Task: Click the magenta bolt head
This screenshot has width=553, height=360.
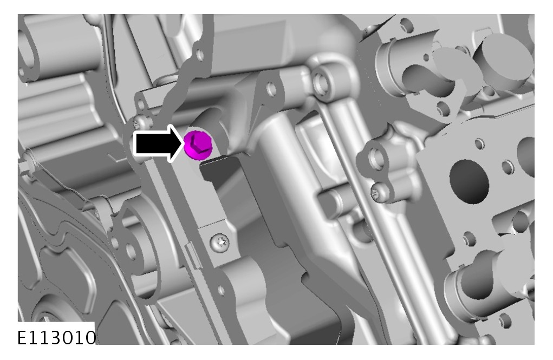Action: pos(198,145)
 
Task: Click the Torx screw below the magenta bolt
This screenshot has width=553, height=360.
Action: pos(219,243)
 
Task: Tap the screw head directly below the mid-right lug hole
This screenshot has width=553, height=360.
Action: pos(379,193)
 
